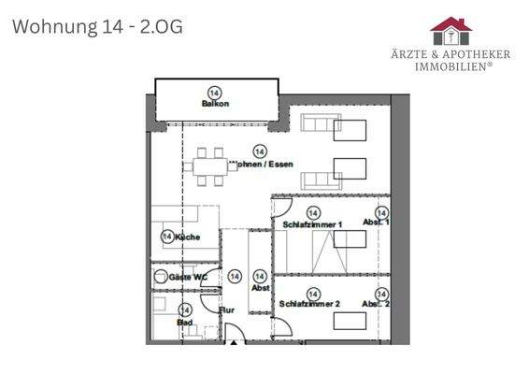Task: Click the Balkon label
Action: (215, 104)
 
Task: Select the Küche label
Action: (187, 237)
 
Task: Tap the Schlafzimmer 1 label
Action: (313, 225)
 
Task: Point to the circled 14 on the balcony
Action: (215, 93)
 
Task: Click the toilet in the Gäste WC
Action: (162, 278)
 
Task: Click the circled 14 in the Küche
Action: (168, 237)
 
